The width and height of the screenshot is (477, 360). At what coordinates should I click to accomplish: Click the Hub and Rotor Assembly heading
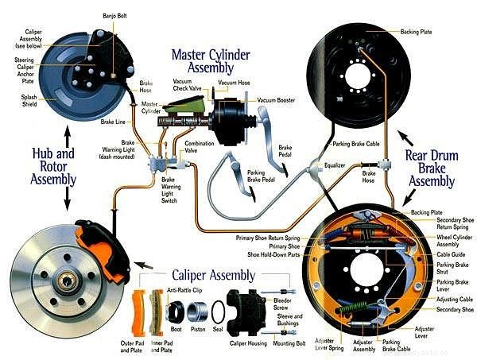[x=52, y=166]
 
